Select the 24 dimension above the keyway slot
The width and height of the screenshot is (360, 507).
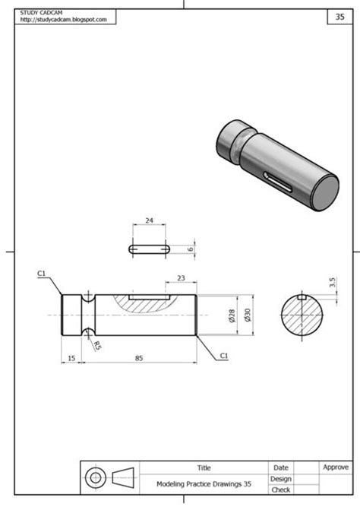(149, 220)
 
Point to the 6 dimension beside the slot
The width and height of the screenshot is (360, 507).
(191, 248)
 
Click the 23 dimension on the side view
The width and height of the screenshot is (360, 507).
(181, 278)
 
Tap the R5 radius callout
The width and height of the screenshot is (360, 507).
(97, 345)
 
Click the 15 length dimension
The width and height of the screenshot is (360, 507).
(71, 357)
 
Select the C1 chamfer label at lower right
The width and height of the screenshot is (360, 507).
(224, 355)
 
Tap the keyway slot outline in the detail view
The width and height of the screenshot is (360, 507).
(150, 248)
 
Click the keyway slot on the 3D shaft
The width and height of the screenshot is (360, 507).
(279, 181)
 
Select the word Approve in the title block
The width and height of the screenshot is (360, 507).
(336, 467)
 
